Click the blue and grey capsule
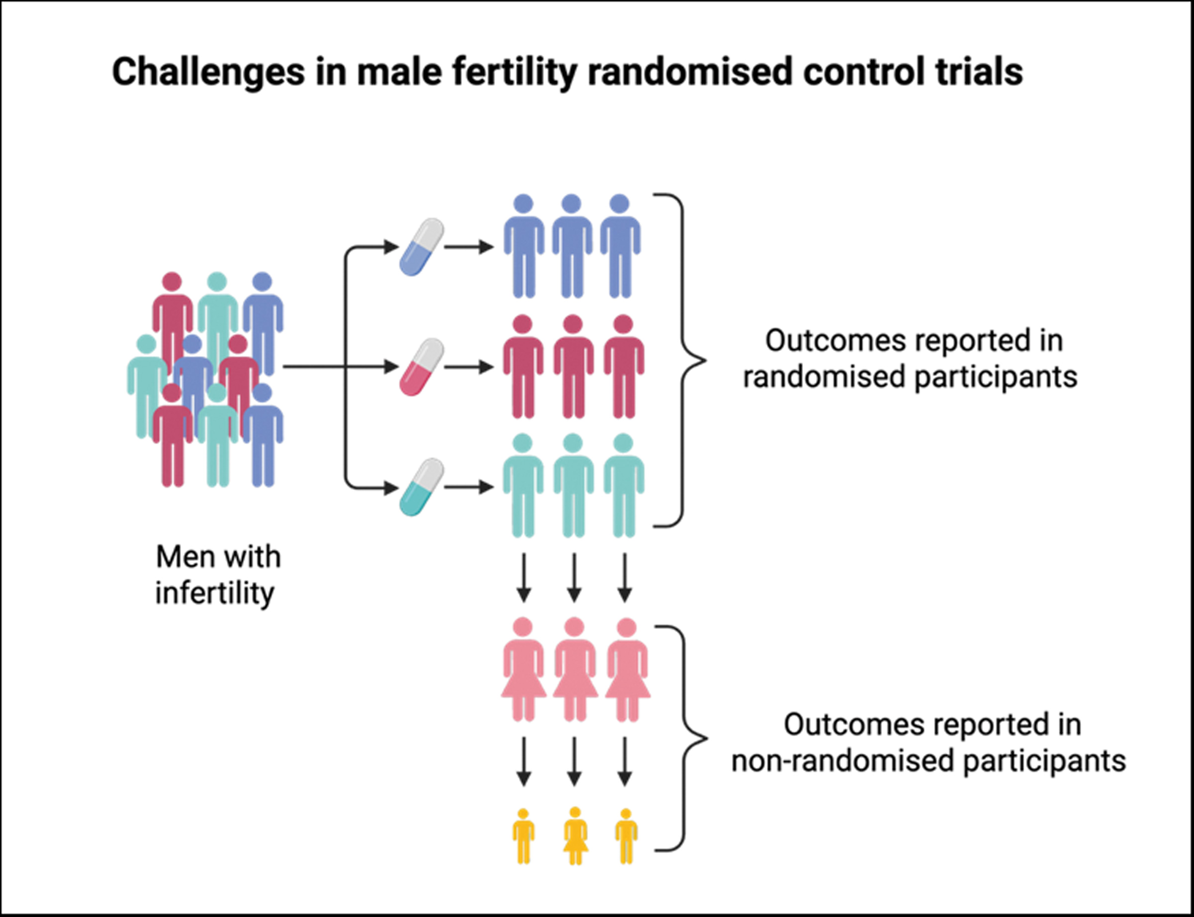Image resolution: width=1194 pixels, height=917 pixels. coord(421,247)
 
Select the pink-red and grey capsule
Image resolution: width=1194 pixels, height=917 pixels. coord(421,367)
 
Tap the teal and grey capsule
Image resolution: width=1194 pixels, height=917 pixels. coord(421,487)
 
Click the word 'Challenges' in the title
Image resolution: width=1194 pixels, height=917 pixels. coord(208,72)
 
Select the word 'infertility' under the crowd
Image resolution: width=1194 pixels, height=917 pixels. coord(214,593)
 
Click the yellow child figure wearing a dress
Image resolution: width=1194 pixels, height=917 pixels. coord(576,835)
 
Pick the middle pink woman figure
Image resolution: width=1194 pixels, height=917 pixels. coord(574,669)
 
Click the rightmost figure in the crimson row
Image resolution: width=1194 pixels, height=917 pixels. coord(623,367)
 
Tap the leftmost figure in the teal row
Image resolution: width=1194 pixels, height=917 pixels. coord(523,485)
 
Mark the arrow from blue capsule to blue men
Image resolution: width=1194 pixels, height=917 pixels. coord(469,247)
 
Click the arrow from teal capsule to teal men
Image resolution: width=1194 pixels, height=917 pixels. coord(469,487)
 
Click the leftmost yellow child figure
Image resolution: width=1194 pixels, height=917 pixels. coord(523,835)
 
